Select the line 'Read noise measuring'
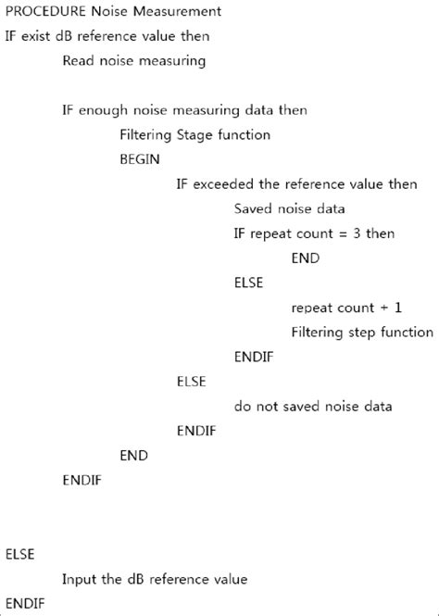(x=133, y=61)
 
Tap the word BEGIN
(x=140, y=159)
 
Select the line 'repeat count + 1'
(x=345, y=308)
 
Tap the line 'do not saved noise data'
(x=312, y=406)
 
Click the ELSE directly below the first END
(x=248, y=283)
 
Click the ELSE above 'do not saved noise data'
(x=191, y=382)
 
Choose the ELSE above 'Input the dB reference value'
(x=19, y=554)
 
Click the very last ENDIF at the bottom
(x=24, y=603)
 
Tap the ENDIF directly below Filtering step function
(x=253, y=357)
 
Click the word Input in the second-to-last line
(x=79, y=579)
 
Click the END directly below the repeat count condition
(x=305, y=258)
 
